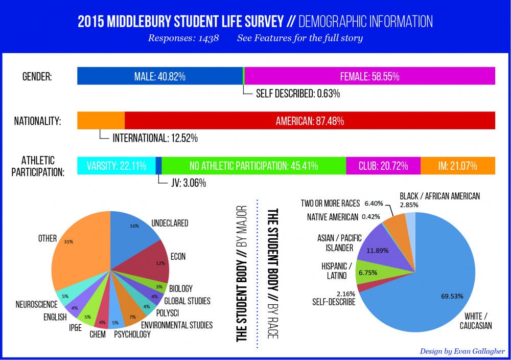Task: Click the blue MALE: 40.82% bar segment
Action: pos(159,76)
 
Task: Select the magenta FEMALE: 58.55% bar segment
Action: pos(369,76)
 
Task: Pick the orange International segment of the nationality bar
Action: pos(101,121)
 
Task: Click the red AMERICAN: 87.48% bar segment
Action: pos(310,121)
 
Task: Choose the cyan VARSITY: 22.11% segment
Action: pos(116,166)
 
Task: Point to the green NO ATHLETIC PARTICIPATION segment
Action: pos(253,166)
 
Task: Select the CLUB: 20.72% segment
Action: pos(383,166)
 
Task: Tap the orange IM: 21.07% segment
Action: pos(457,166)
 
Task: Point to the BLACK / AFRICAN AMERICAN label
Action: pos(439,196)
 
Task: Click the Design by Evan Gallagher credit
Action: pos(462,351)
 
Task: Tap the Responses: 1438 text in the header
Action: pos(183,38)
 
